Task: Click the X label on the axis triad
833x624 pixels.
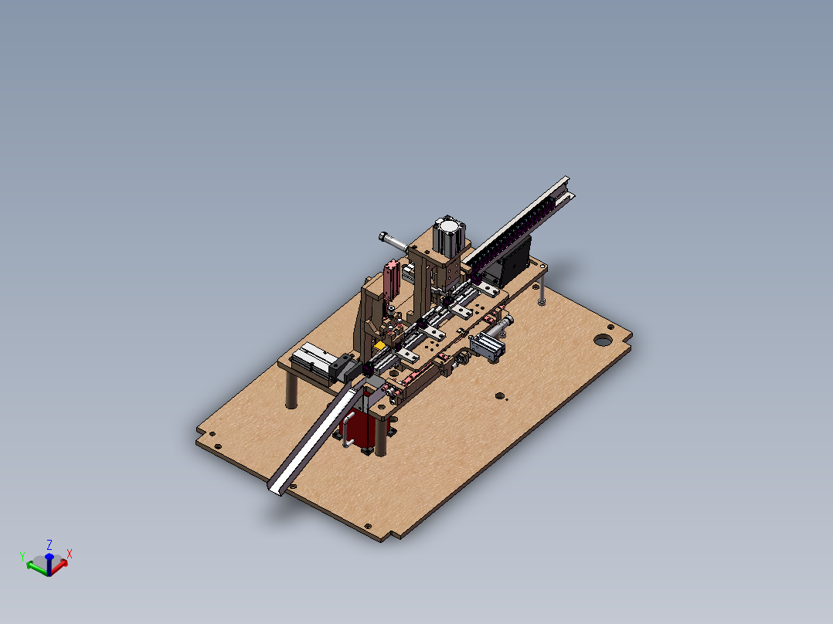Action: tap(70, 554)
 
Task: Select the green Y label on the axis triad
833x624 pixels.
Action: tap(22, 557)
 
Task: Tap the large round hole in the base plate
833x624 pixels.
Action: tap(602, 339)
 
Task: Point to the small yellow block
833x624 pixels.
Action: tap(379, 346)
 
